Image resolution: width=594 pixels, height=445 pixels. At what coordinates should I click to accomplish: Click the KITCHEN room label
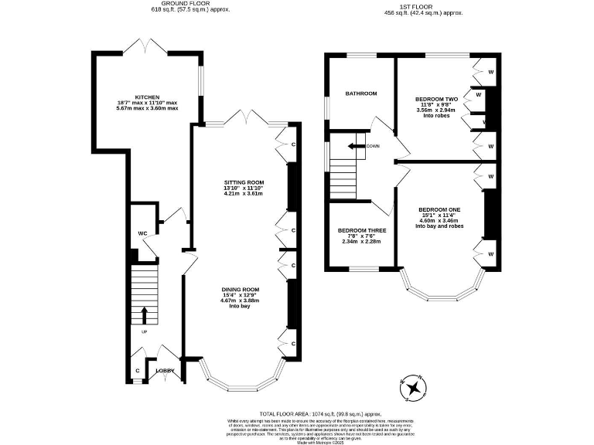pyautogui.click(x=147, y=96)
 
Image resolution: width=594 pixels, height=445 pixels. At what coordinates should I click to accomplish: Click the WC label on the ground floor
pyautogui.click(x=142, y=233)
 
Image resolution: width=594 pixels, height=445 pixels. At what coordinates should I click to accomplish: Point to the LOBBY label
pyautogui.click(x=165, y=371)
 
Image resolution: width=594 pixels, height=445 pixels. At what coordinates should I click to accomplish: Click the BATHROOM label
pyautogui.click(x=360, y=93)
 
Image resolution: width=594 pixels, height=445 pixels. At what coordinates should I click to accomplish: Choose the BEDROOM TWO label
pyautogui.click(x=437, y=100)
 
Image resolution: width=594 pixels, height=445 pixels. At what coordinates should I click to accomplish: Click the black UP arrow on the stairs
pyautogui.click(x=144, y=314)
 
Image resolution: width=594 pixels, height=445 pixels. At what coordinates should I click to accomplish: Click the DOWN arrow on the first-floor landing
pyautogui.click(x=357, y=145)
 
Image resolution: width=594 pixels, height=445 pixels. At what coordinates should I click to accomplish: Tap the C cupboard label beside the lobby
pyautogui.click(x=138, y=371)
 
